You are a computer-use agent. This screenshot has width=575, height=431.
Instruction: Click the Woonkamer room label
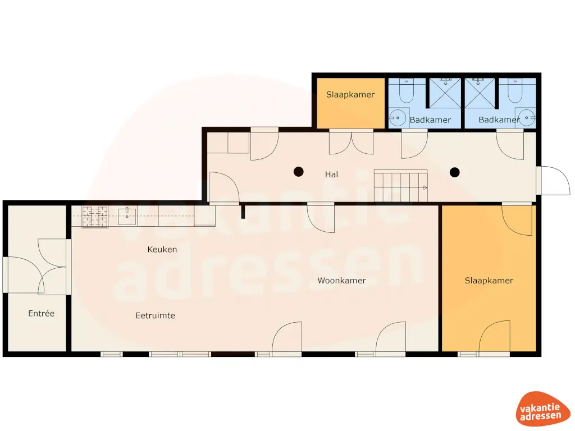[x=341, y=281]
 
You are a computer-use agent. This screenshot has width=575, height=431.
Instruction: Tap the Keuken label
[x=162, y=249]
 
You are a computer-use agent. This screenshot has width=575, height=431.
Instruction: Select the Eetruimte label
[x=156, y=315]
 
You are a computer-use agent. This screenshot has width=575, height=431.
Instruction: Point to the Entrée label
[x=42, y=313]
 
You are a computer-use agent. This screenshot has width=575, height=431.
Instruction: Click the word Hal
[x=331, y=175]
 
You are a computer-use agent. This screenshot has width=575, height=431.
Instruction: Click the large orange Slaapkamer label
[x=489, y=281]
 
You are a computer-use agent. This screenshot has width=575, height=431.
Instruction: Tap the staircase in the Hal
[x=401, y=186]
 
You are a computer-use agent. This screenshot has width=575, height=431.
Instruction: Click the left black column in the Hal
[x=299, y=172]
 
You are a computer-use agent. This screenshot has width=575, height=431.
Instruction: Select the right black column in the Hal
[x=455, y=172]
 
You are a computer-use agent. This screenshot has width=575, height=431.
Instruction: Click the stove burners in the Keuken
[x=95, y=217]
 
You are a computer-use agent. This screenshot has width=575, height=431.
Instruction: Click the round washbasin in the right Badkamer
[x=526, y=117]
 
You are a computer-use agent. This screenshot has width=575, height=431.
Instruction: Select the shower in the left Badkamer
[x=445, y=93]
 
